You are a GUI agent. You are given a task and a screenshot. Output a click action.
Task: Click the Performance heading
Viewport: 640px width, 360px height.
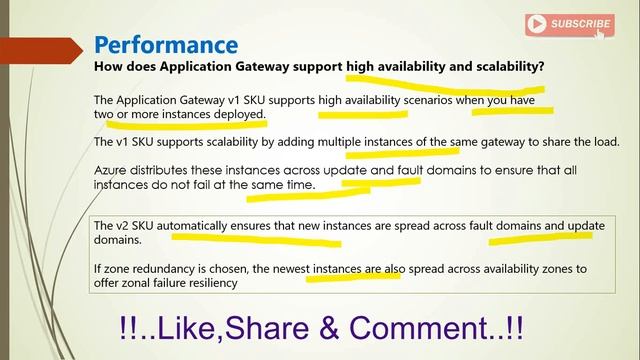[x=166, y=44]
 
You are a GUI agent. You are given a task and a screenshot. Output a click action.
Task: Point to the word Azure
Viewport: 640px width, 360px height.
[x=112, y=171]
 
